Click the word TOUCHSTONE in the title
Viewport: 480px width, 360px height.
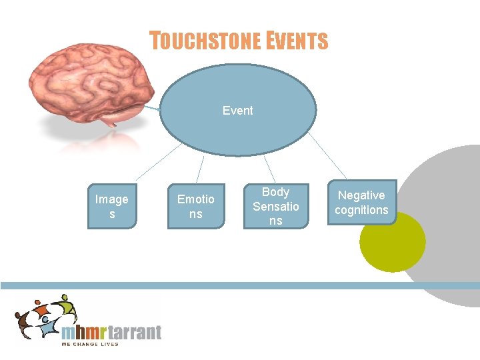coord(205,41)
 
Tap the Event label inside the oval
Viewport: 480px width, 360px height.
coord(237,111)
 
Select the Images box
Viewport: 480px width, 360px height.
coord(112,207)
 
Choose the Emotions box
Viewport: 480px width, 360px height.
coord(196,207)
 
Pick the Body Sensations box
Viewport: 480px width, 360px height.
coord(276,207)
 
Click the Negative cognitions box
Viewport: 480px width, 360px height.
coord(361,202)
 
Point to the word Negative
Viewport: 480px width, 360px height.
coord(361,195)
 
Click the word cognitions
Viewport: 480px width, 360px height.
coord(361,210)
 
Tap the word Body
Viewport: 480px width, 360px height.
coord(275,192)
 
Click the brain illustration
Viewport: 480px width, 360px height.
coord(93,80)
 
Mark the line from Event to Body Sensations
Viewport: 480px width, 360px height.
coord(269,169)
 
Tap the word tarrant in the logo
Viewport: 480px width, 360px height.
coord(131,333)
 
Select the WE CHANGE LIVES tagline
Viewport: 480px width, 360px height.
coord(89,344)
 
